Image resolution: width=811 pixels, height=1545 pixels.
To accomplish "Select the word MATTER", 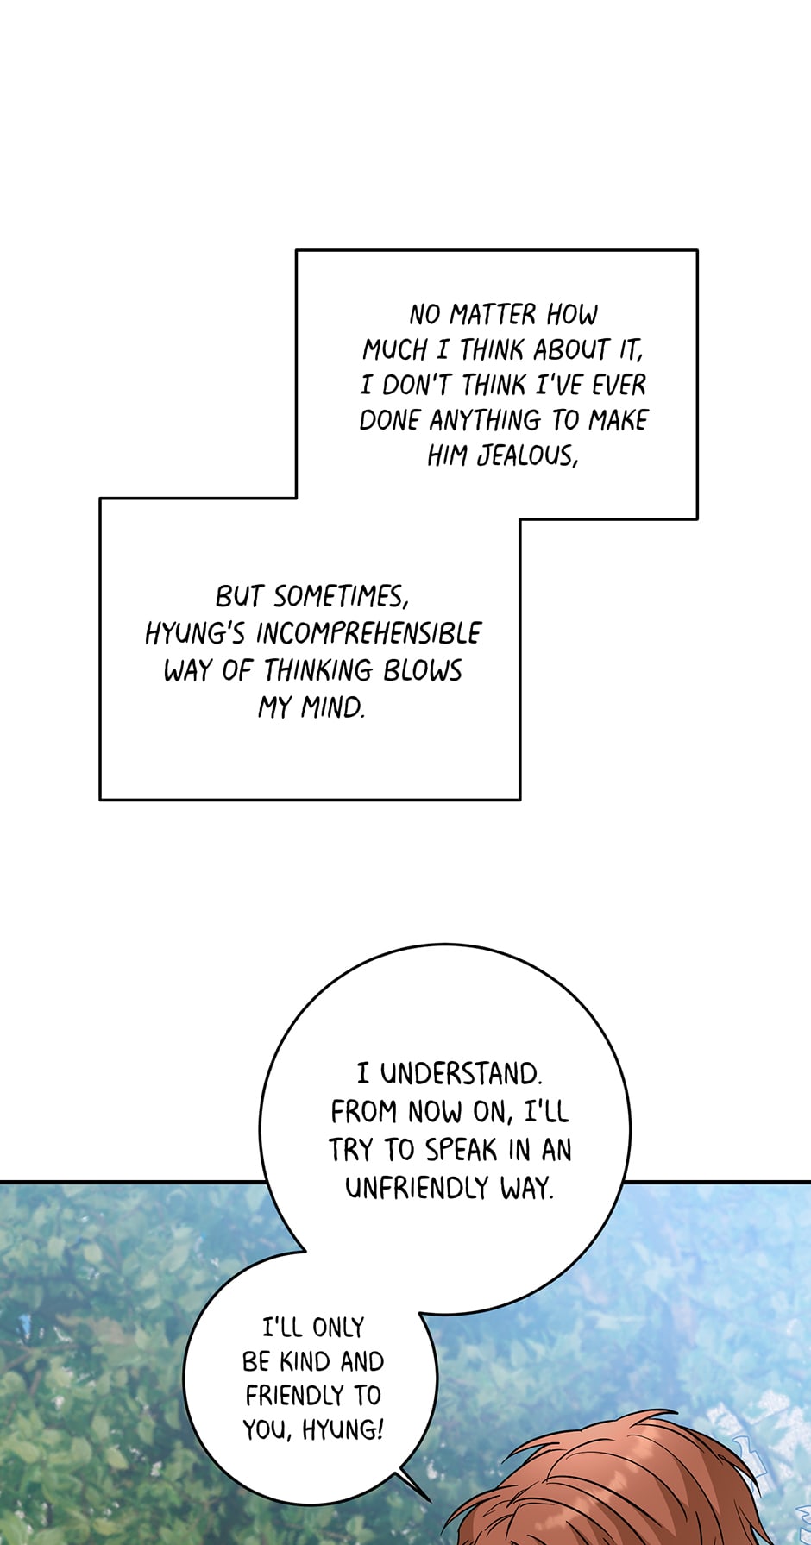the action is [x=493, y=314].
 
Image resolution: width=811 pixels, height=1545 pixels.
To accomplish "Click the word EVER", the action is [x=619, y=385].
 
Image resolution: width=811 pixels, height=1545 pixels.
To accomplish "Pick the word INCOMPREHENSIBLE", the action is [x=368, y=634].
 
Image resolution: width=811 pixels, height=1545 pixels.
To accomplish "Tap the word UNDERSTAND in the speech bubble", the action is [x=461, y=1074].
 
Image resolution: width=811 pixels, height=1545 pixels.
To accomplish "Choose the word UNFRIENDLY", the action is [x=417, y=1188].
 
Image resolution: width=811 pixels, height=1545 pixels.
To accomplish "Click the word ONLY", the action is [x=338, y=1328].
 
